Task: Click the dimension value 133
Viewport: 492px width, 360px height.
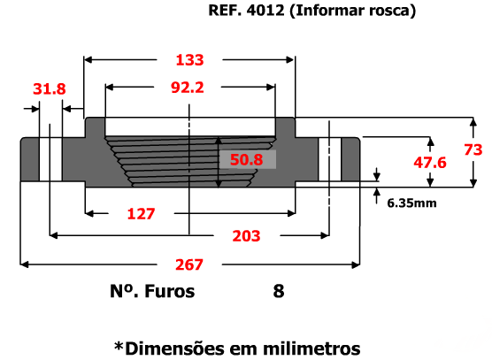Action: (189, 59)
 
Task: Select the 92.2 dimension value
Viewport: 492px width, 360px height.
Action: (188, 88)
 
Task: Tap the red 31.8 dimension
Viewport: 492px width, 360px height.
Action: (50, 88)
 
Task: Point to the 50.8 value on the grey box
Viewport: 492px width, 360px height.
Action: (246, 159)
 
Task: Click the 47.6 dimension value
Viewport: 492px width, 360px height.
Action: (430, 163)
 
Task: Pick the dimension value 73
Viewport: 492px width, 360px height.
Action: (473, 149)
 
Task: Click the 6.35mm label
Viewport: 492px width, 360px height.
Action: (411, 203)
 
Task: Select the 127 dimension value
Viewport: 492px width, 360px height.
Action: (141, 214)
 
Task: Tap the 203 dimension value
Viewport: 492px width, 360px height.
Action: (246, 236)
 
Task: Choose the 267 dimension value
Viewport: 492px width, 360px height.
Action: (189, 264)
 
